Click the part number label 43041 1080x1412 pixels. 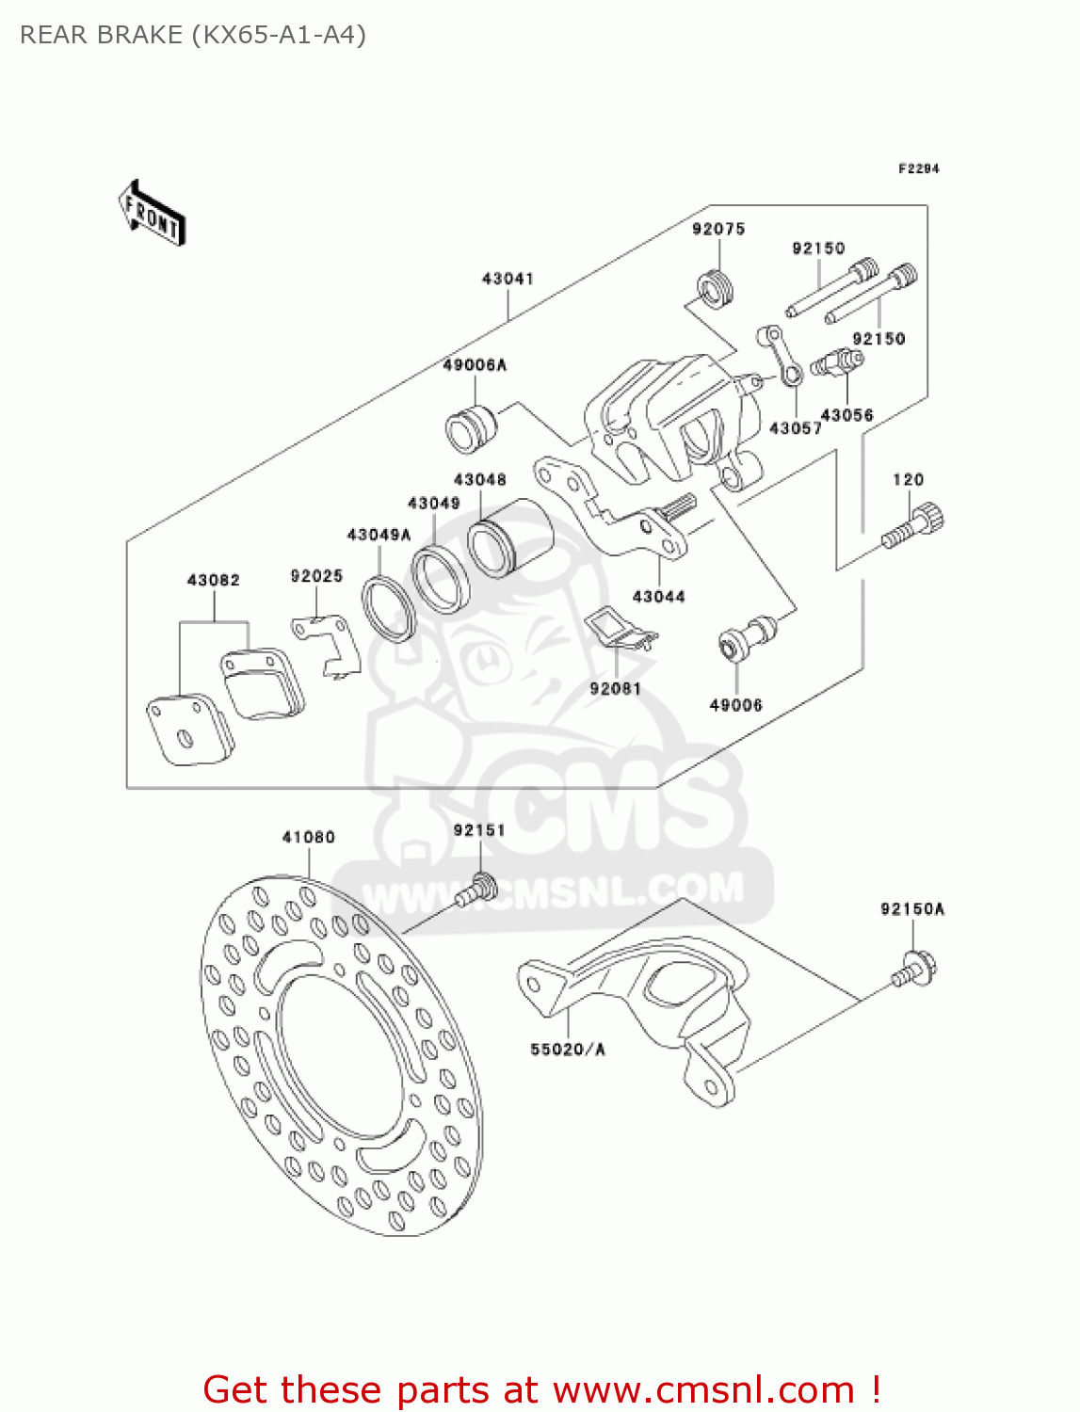point(508,279)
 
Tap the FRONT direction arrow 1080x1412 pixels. point(152,215)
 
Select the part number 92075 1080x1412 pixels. point(718,229)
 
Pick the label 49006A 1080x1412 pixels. point(475,365)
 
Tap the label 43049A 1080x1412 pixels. point(379,535)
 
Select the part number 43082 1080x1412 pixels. point(213,580)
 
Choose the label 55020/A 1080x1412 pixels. point(568,1049)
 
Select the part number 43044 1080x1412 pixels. point(658,596)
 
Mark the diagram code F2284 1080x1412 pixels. point(918,168)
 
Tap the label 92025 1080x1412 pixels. point(316,575)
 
